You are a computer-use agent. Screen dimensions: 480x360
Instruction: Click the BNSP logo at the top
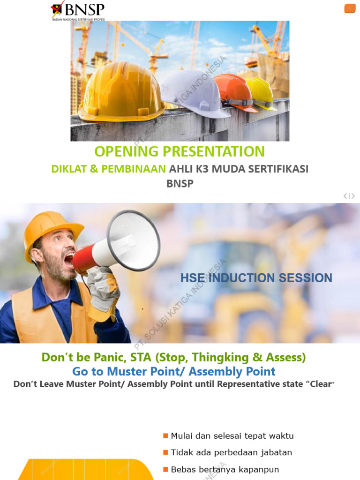(x=78, y=10)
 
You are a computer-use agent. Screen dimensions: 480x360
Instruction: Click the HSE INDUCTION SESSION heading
(x=256, y=278)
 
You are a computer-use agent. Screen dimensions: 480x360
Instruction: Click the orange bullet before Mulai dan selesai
(x=165, y=436)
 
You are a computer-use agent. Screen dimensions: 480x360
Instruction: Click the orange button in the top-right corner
(x=350, y=8)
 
